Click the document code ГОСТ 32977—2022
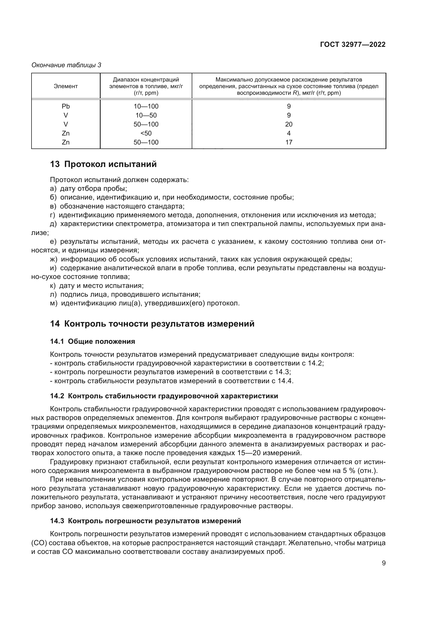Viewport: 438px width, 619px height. (352, 45)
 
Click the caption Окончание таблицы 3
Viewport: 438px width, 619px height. (66, 65)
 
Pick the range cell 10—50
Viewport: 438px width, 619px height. (146, 115)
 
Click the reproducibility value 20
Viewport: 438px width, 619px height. (289, 124)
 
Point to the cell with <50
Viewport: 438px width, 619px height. (146, 133)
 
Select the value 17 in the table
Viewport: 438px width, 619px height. (289, 142)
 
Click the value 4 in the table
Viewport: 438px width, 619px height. (289, 133)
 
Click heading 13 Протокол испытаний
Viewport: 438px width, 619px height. (103, 164)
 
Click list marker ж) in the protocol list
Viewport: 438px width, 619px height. (54, 259)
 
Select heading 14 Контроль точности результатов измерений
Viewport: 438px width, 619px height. (152, 323)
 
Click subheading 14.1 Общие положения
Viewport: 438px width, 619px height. (92, 342)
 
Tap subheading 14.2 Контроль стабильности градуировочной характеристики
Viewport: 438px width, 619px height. (164, 396)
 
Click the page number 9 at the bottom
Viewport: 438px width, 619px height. (383, 563)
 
